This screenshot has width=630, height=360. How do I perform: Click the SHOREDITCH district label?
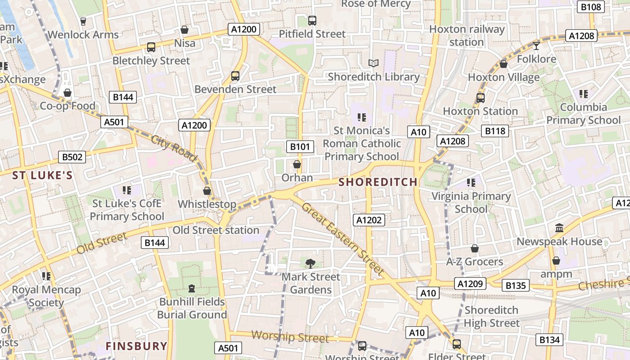click(x=378, y=182)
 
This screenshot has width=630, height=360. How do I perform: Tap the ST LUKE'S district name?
click(x=42, y=175)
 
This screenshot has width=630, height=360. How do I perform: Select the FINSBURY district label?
click(x=136, y=346)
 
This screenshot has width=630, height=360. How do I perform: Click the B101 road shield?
click(x=300, y=146)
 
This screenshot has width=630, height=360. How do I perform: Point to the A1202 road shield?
click(x=369, y=220)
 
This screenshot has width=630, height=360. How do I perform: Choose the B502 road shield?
click(x=72, y=157)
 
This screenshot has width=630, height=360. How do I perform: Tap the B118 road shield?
click(x=495, y=131)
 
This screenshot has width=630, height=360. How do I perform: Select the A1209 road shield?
click(x=470, y=283)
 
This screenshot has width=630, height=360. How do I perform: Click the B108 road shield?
click(x=590, y=7)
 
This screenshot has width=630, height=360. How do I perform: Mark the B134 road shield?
click(x=549, y=340)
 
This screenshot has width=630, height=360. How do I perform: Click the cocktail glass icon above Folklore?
click(x=536, y=45)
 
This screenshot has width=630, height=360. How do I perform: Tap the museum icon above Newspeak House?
click(x=559, y=228)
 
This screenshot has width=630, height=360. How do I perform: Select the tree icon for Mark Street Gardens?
click(x=310, y=263)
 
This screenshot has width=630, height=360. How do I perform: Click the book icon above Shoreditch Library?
click(x=373, y=63)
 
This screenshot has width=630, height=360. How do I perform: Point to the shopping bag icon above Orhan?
click(x=297, y=164)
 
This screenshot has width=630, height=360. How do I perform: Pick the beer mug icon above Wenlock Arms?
click(x=83, y=21)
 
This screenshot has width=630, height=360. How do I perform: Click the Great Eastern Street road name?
click(x=342, y=239)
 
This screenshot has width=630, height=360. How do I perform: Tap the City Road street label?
click(x=174, y=148)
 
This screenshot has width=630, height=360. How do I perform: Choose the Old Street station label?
click(x=216, y=230)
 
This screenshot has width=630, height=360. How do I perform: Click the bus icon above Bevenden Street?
click(x=235, y=76)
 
